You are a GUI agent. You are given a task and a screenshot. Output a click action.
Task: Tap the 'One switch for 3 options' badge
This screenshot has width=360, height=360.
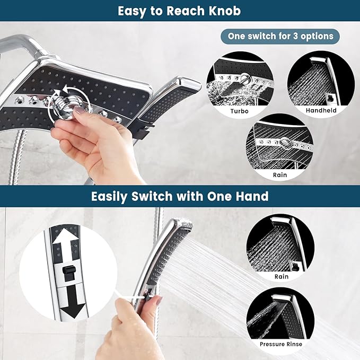[x=280, y=37]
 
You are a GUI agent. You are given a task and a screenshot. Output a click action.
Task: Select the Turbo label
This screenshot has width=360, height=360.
[x=239, y=111]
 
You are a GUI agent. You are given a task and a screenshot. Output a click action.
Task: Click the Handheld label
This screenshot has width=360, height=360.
[x=321, y=111]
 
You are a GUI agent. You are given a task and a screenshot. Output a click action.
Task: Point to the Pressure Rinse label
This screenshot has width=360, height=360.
[x=280, y=344]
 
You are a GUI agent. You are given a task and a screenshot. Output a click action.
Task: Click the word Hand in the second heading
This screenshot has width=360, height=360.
[x=251, y=196]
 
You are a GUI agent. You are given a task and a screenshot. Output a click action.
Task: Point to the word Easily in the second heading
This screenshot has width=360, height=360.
[x=109, y=196]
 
